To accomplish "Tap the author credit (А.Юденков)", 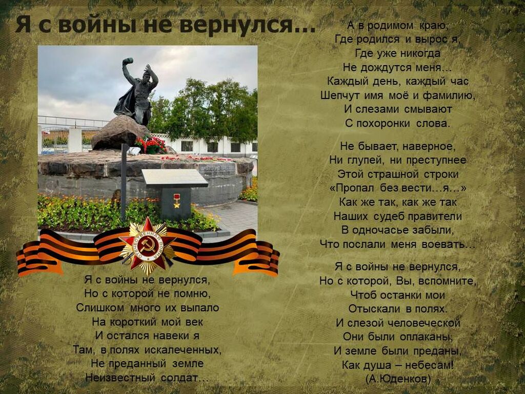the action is [x=398, y=379].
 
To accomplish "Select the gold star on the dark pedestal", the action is [x=176, y=201].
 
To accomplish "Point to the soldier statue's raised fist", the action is [x=128, y=62].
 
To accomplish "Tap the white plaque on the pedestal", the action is [x=174, y=178].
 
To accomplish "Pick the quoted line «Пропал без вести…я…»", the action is [x=398, y=188].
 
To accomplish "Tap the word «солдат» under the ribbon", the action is [x=185, y=378].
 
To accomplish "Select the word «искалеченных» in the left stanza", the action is [x=183, y=350].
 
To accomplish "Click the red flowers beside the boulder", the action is [x=151, y=144].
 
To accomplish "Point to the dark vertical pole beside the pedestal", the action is [x=124, y=183].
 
